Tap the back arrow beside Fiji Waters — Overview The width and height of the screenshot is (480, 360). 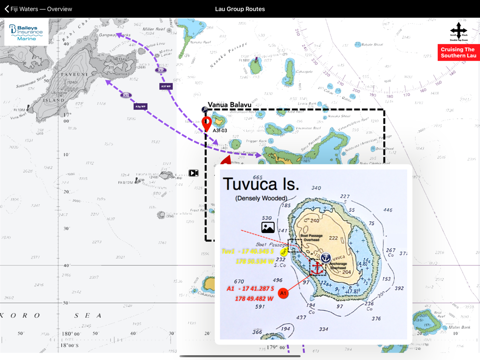(7, 9)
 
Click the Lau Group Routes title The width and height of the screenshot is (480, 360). (240, 9)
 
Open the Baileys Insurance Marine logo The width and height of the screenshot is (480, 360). (26, 32)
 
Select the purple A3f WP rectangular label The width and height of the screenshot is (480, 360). (166, 86)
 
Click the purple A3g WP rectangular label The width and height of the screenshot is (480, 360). (141, 106)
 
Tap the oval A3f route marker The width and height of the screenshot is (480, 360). (161, 70)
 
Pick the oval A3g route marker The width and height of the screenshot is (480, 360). (125, 96)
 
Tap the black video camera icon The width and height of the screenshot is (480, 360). (194, 173)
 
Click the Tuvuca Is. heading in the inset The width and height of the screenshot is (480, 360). (261, 184)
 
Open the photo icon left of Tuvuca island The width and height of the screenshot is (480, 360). (268, 228)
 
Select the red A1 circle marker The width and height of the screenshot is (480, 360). (283, 293)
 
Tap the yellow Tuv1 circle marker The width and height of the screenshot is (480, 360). (284, 252)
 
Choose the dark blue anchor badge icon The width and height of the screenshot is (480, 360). (326, 257)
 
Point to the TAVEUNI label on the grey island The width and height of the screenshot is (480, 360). (80, 75)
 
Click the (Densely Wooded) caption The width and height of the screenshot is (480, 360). (261, 198)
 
